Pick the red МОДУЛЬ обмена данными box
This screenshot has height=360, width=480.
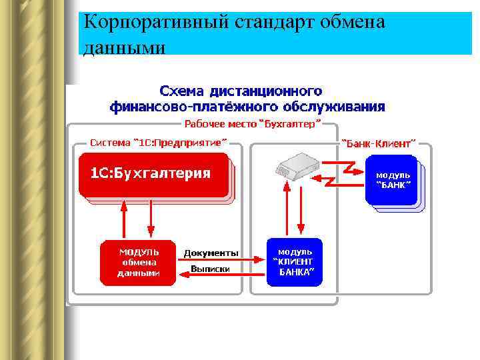(138, 262)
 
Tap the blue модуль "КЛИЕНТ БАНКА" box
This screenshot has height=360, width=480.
(295, 262)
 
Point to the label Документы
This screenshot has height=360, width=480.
(211, 253)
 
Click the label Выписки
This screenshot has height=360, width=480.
(210, 269)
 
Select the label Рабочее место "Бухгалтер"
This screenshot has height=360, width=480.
(252, 123)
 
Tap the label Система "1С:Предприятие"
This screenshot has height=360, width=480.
(158, 142)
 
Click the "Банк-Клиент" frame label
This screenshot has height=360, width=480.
(378, 142)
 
